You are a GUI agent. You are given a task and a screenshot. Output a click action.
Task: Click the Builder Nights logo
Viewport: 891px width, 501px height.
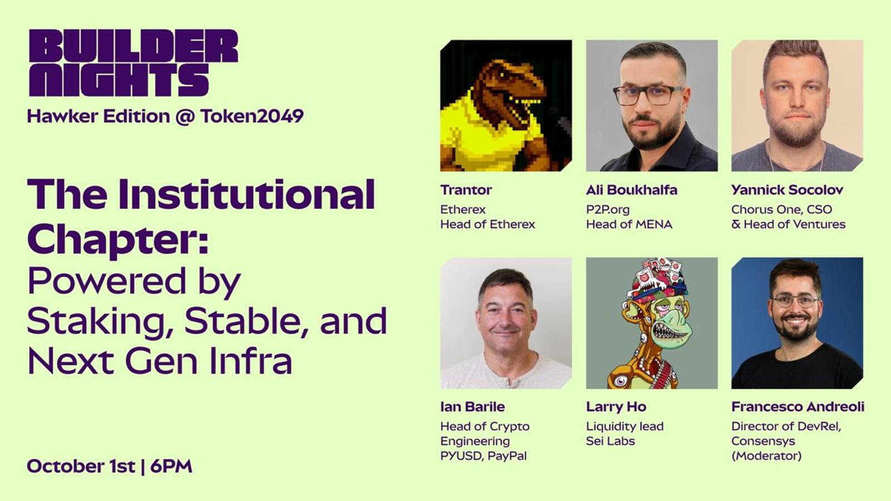(133, 63)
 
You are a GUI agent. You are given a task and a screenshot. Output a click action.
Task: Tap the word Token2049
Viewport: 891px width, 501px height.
(252, 116)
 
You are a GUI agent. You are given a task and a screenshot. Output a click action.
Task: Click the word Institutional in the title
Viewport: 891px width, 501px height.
(247, 194)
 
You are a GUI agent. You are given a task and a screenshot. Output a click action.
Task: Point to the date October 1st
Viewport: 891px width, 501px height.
(81, 466)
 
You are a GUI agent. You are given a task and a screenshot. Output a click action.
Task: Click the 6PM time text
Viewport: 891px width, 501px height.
(172, 466)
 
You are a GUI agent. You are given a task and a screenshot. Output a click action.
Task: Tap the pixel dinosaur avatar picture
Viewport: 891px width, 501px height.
(506, 105)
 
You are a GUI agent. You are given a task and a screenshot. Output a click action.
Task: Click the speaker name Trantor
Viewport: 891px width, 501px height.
(466, 190)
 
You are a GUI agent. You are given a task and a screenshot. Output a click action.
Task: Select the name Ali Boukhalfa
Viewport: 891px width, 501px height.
(631, 190)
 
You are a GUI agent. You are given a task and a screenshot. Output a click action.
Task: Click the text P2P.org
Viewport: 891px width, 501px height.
(608, 209)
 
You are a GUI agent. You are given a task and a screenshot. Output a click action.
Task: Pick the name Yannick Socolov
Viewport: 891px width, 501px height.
(787, 190)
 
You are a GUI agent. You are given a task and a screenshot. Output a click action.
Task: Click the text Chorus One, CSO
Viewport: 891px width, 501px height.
(782, 209)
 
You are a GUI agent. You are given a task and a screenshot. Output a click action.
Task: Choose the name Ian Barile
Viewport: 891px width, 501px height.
(473, 407)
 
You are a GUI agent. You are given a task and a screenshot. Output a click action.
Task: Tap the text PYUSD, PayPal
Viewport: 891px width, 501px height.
(483, 456)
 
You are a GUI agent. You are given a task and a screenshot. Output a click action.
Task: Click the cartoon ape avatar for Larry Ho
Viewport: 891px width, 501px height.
(652, 323)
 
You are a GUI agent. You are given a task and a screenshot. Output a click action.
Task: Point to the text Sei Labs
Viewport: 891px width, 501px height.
(610, 441)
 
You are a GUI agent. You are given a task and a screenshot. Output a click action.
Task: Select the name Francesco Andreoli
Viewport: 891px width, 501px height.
(798, 407)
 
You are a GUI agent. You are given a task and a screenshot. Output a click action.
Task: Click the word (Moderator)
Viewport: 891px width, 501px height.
(766, 456)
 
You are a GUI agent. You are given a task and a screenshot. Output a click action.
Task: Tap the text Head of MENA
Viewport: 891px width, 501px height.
(629, 224)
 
